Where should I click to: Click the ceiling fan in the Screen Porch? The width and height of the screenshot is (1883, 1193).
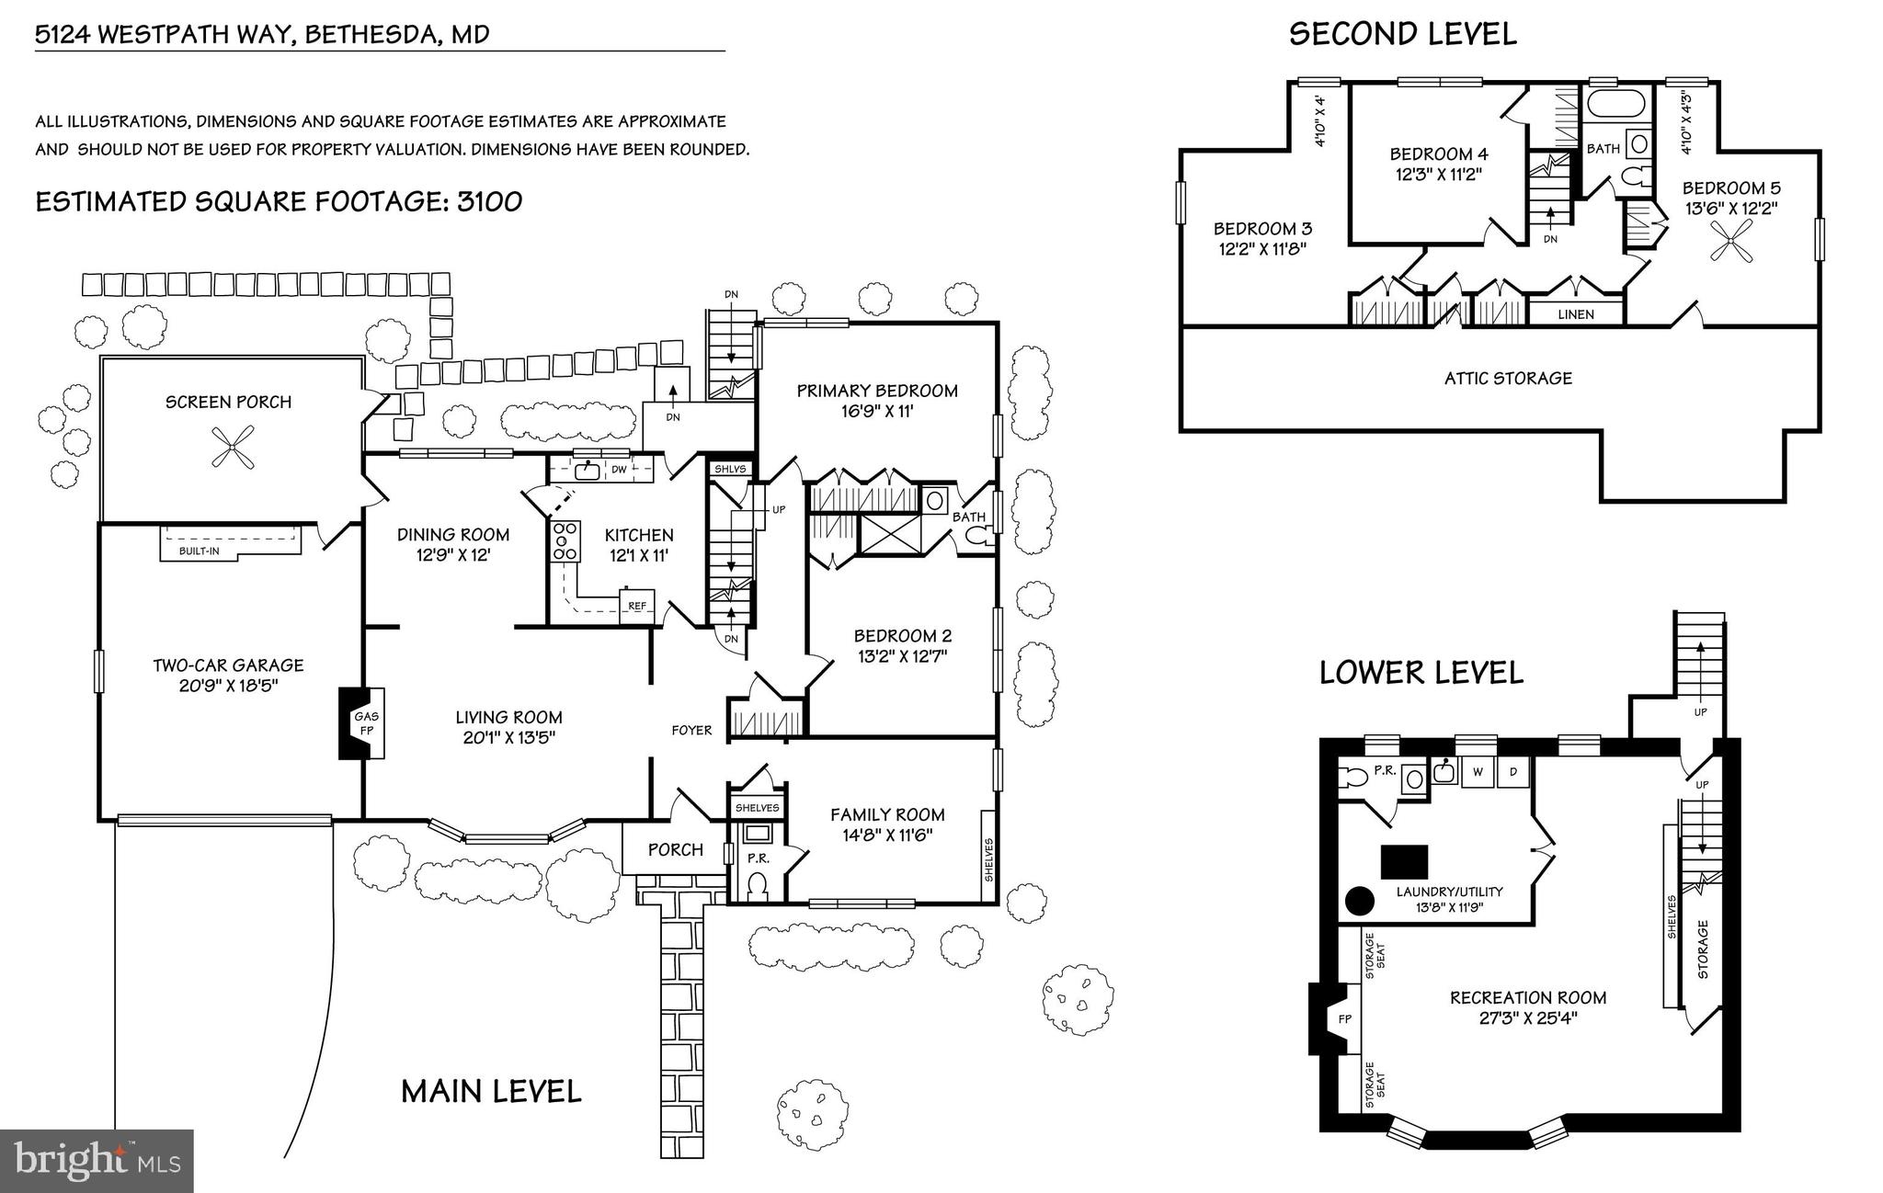[230, 448]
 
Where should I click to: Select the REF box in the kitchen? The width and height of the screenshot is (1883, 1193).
[636, 606]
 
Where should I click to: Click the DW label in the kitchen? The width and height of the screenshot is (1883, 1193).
[619, 470]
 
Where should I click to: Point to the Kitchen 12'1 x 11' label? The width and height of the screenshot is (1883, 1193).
[639, 544]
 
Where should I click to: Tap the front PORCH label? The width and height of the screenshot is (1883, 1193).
[675, 849]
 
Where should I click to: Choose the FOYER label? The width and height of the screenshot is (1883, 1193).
[691, 730]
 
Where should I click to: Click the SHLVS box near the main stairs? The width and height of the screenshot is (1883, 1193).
[730, 469]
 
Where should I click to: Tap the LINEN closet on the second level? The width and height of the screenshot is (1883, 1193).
[1576, 313]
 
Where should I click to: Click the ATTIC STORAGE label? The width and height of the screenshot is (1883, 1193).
[1507, 378]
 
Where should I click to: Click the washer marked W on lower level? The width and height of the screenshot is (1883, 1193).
[1478, 771]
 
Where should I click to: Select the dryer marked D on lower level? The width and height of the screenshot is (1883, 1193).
[1512, 771]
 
